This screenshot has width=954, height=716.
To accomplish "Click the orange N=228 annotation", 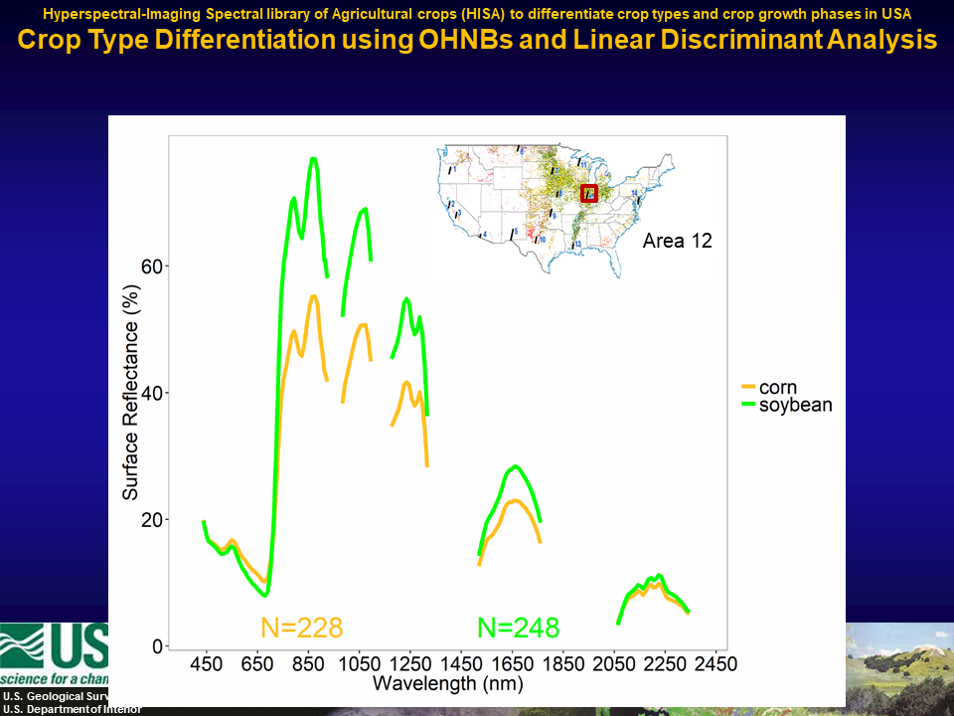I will pos(302,627).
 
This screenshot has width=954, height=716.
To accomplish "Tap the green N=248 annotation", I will pos(518,627).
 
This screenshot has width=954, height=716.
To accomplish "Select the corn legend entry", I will pos(778,388).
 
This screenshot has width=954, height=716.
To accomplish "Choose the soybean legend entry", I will pos(795,405).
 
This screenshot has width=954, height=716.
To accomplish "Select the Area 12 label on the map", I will pos(678,241).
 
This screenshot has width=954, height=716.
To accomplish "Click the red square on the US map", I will pos(588,193).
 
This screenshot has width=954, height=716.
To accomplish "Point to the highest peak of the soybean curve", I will pos(313,159).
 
